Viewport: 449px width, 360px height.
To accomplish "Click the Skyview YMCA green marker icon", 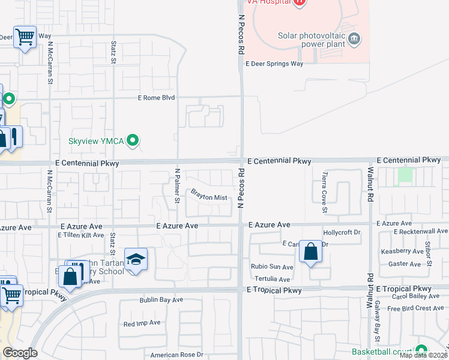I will (x=133, y=141).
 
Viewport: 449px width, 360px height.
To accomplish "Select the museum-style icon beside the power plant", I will (x=354, y=39).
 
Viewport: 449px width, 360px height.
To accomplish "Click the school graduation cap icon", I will (x=136, y=260).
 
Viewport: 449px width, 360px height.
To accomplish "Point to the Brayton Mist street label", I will (x=209, y=196).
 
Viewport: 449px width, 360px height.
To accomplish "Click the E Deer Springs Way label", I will (x=274, y=64).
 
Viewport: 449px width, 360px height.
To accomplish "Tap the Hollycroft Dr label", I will (x=341, y=232).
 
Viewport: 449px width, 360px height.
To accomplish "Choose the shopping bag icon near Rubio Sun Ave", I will (x=311, y=252).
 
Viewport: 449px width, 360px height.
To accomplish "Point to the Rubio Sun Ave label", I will (x=271, y=266).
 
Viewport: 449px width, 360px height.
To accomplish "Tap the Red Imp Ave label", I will (x=142, y=323).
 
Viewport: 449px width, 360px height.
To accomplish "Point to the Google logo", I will (x=20, y=353).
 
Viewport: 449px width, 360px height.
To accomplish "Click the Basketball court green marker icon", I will (x=421, y=350).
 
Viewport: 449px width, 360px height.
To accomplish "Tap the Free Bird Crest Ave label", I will (x=415, y=308).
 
